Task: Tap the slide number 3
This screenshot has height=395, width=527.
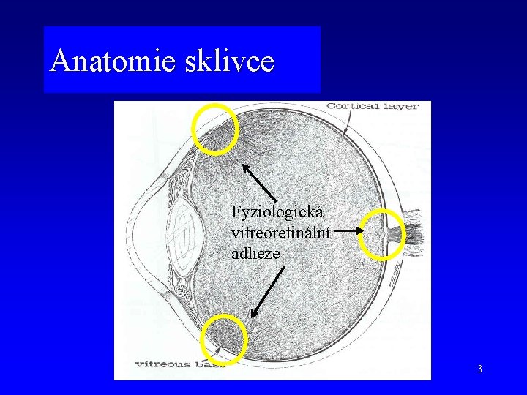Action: pyautogui.click(x=479, y=369)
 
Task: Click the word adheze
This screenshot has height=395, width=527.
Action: pyautogui.click(x=255, y=253)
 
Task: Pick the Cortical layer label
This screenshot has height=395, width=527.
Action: pyautogui.click(x=373, y=107)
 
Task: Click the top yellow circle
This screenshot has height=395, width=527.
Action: pyautogui.click(x=214, y=128)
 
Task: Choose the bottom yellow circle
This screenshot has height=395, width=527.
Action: pyautogui.click(x=224, y=339)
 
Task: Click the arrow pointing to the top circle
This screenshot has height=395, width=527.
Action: pyautogui.click(x=260, y=183)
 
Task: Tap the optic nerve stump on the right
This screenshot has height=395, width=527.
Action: pyautogui.click(x=412, y=234)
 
